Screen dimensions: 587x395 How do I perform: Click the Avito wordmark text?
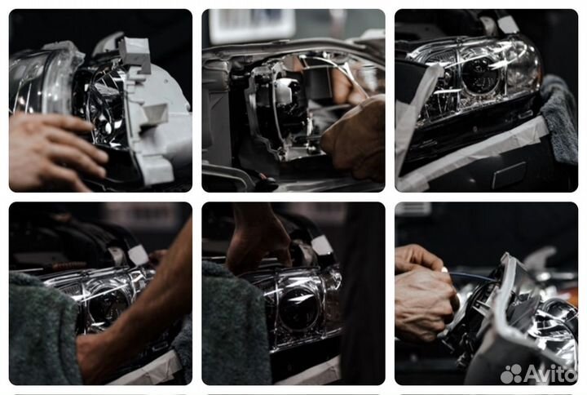[x=549, y=373]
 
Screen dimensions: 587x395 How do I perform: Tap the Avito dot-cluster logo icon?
[x=511, y=373]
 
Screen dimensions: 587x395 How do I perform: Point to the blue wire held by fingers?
[x=473, y=276]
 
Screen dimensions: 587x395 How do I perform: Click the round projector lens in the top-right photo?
[x=480, y=75]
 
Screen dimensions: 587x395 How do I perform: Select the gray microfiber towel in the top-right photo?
[x=559, y=117]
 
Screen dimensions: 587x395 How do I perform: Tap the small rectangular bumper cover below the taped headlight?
[x=509, y=175]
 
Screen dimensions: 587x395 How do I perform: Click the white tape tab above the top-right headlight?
[x=508, y=23]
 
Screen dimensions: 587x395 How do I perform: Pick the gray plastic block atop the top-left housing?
[x=135, y=56]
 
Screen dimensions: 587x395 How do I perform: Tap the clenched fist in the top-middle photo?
[x=355, y=140]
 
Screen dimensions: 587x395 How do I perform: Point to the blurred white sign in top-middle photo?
[x=252, y=24]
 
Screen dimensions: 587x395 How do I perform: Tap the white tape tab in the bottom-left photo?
[x=138, y=255]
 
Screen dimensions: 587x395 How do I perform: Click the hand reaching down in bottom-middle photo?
[x=258, y=240]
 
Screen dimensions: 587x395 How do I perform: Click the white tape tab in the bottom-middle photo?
[x=322, y=246]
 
